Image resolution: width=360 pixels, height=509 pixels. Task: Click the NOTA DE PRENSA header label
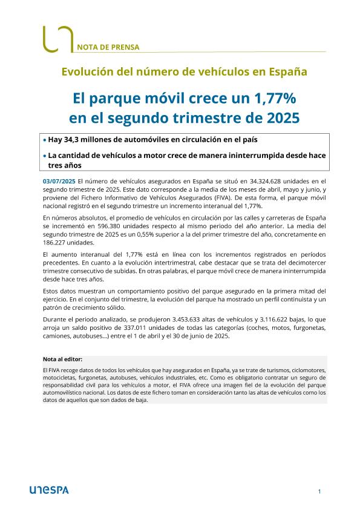click(x=108, y=46)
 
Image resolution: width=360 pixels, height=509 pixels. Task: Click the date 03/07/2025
click(x=59, y=180)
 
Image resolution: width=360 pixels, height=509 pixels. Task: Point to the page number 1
click(x=319, y=491)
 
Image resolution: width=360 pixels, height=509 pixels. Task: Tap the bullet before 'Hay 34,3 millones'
click(x=45, y=140)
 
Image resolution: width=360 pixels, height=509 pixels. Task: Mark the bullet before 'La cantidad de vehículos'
click(x=45, y=156)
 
